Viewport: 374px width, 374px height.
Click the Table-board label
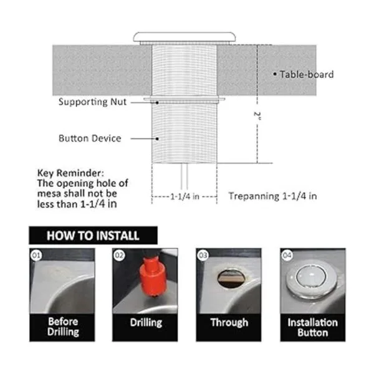(307, 74)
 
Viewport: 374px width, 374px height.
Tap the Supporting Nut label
(92, 102)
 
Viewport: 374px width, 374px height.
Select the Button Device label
(90, 138)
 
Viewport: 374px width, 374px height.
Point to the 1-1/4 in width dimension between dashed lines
(185, 196)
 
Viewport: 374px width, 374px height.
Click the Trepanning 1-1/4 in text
(273, 196)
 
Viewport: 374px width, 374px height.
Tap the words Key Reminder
(70, 173)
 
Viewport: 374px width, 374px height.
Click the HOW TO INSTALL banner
(93, 236)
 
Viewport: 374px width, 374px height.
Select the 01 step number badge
(36, 256)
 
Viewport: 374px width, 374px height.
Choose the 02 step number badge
(119, 256)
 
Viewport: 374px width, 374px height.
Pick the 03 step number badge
(203, 256)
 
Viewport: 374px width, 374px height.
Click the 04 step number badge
(287, 256)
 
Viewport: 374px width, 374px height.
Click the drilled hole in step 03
(231, 279)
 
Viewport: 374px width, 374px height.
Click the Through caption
(229, 322)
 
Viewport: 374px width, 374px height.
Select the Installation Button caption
(313, 327)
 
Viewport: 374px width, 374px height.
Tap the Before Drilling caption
(63, 327)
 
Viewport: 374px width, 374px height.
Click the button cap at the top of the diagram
(185, 37)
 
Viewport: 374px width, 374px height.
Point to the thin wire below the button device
(184, 176)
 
